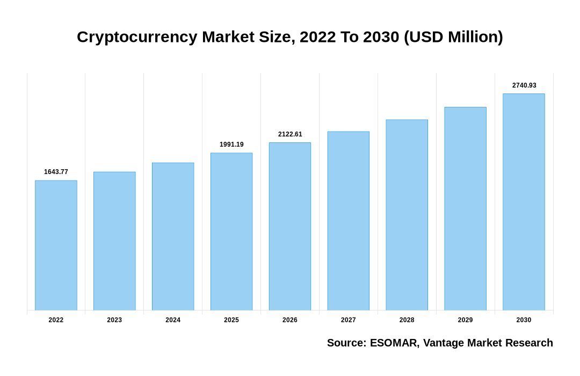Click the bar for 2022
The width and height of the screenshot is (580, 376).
(x=56, y=245)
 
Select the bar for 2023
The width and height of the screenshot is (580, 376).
(x=114, y=241)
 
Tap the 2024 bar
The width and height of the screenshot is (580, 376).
(x=173, y=236)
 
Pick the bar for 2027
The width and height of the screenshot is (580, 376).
(x=348, y=221)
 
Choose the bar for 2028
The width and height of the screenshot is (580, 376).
(x=407, y=215)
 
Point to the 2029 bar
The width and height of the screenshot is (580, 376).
(x=465, y=208)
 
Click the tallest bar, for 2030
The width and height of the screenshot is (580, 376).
(x=524, y=202)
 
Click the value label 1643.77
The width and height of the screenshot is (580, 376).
(x=56, y=172)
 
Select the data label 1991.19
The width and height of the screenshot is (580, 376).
(x=231, y=144)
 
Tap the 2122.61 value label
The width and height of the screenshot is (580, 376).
(x=290, y=134)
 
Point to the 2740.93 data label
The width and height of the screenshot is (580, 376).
(x=524, y=85)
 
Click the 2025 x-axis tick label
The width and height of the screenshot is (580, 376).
(x=231, y=320)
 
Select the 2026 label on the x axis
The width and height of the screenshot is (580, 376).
(x=290, y=320)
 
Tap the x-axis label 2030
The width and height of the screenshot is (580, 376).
(x=524, y=320)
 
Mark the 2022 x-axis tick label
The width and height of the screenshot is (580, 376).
(x=56, y=320)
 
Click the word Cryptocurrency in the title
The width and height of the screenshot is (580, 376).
(x=137, y=37)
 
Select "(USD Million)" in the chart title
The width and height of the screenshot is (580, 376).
(x=453, y=37)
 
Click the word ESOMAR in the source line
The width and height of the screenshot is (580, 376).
(x=394, y=343)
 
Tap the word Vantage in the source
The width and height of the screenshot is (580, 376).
(x=444, y=343)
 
